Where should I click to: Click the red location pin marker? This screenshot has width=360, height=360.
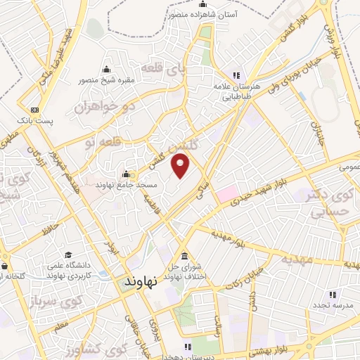click(x=181, y=167)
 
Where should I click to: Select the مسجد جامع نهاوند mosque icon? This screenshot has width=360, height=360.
click(x=126, y=174)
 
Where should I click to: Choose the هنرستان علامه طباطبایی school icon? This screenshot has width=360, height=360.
click(x=237, y=75)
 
